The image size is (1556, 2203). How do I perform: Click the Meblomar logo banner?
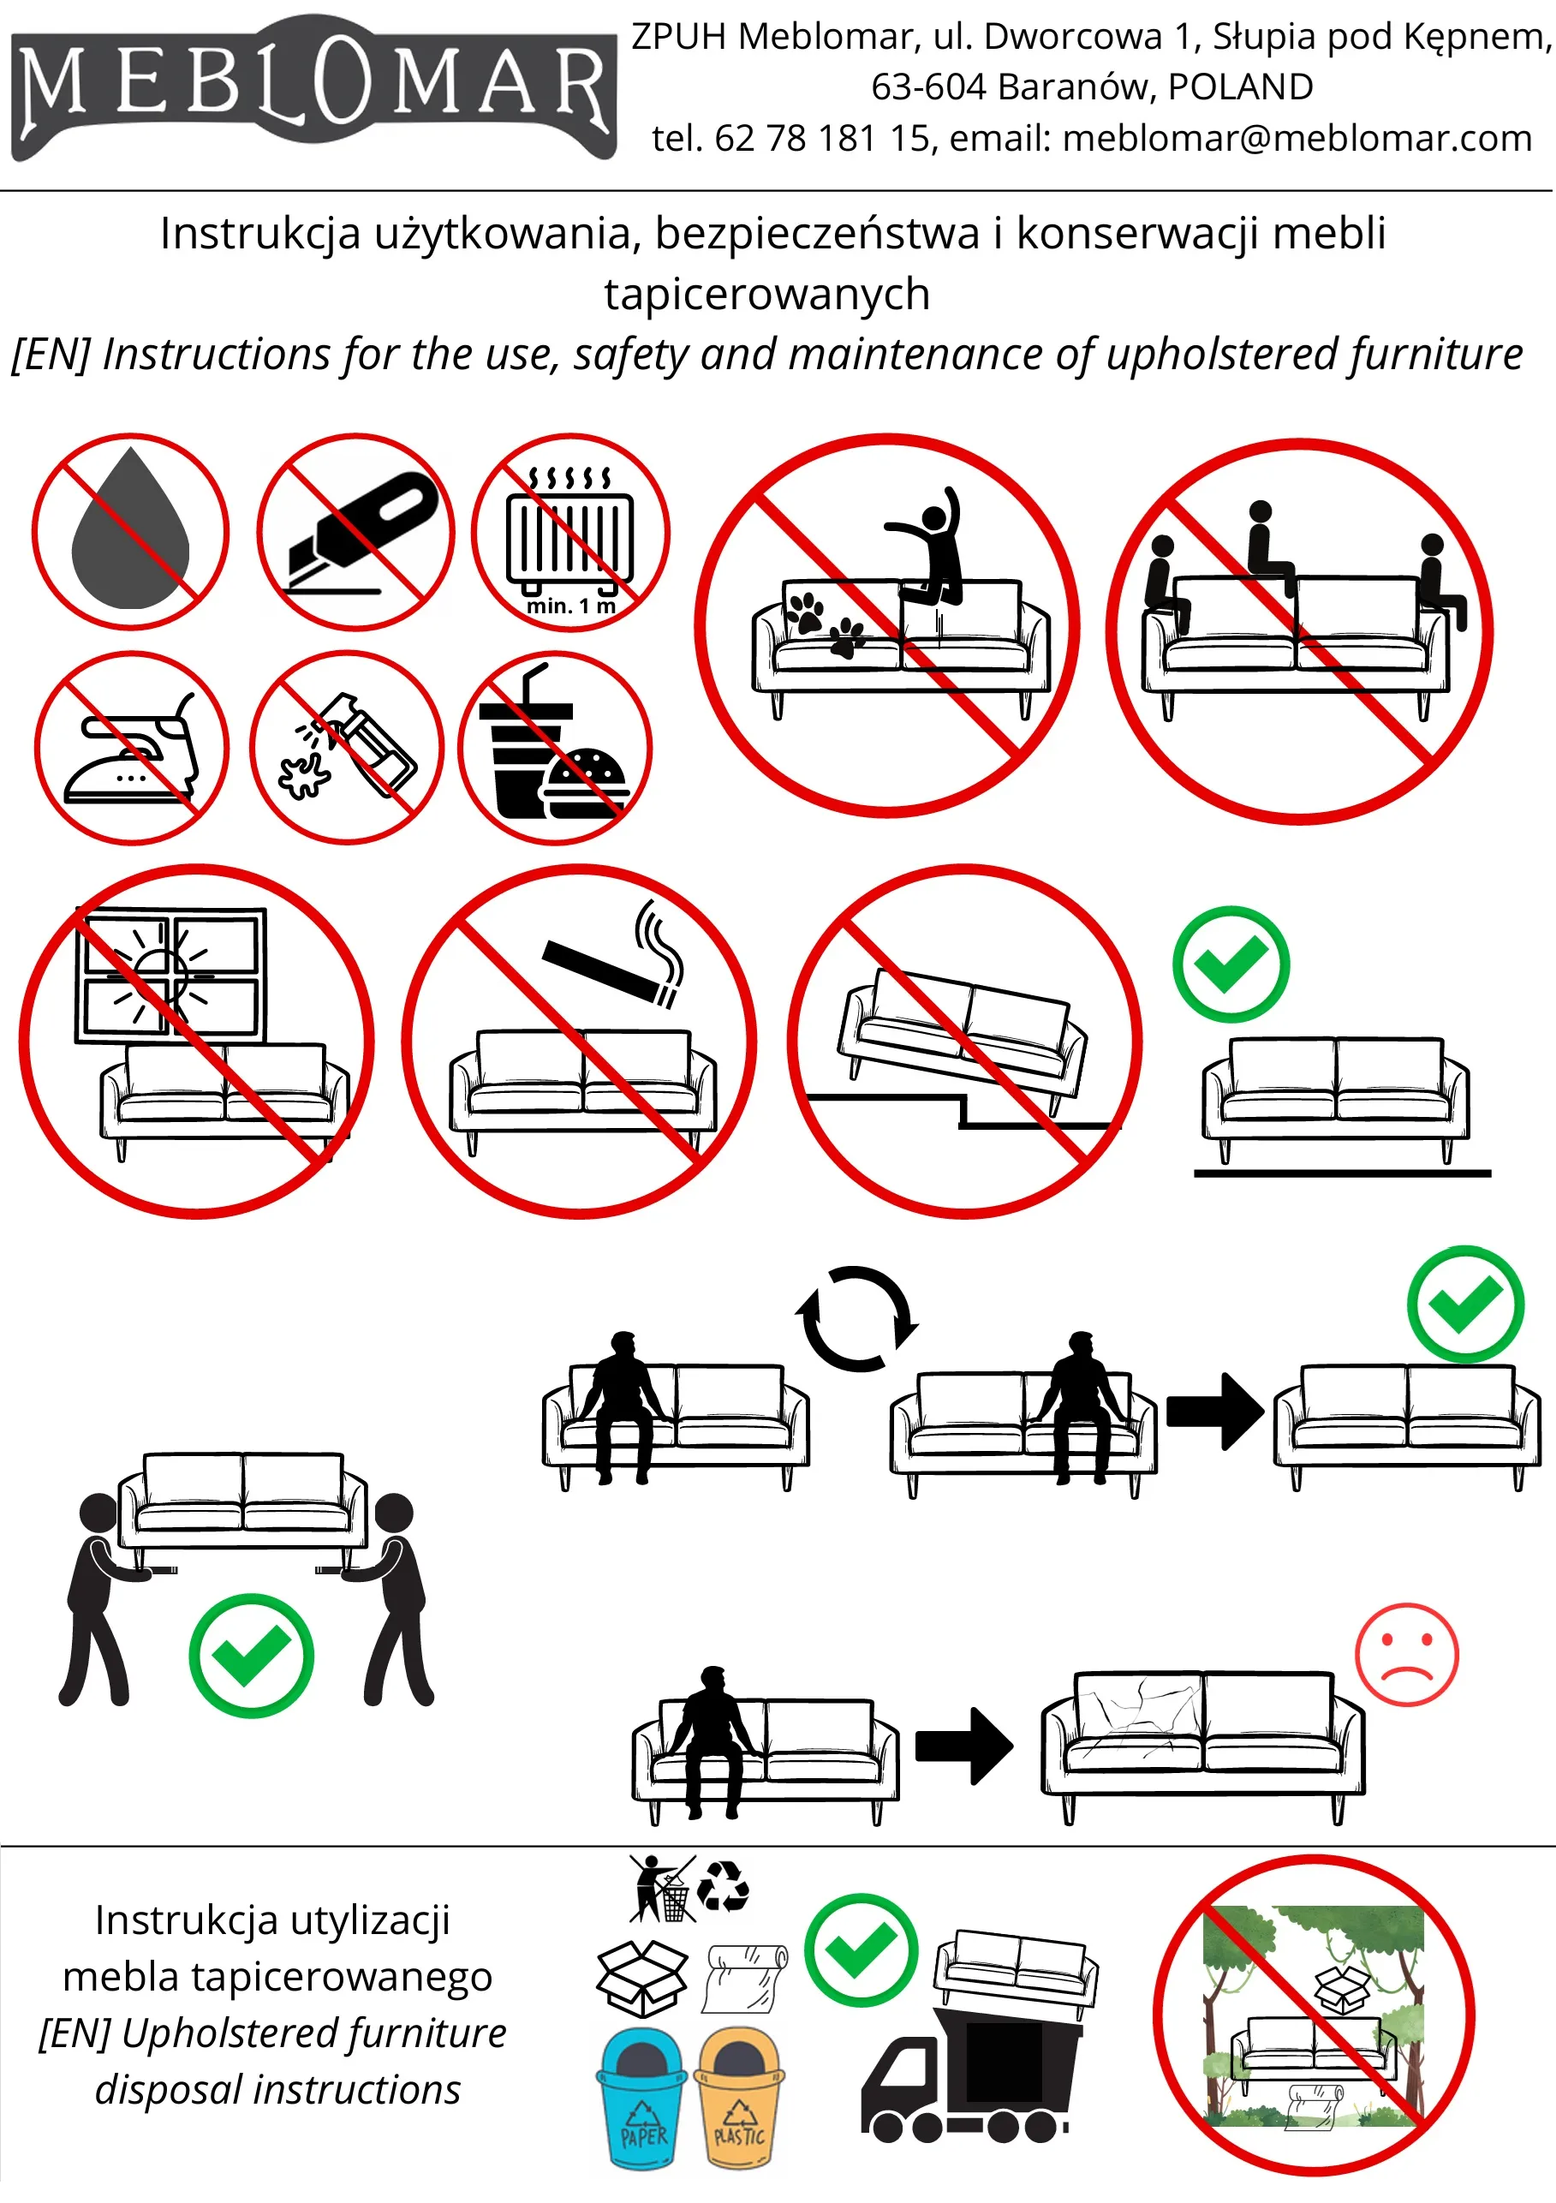pos(313,88)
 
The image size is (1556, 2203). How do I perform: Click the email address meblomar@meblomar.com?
pos(1297,139)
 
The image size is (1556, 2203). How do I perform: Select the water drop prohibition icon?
pos(130,532)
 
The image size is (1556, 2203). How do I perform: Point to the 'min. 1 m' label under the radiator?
pos(571,606)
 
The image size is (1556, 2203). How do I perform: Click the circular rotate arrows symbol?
pos(856,1318)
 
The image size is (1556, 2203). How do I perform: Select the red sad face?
pos(1406,1656)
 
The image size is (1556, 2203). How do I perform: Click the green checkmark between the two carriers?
pos(250,1655)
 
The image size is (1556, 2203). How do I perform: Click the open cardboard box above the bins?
pos(641,1979)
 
